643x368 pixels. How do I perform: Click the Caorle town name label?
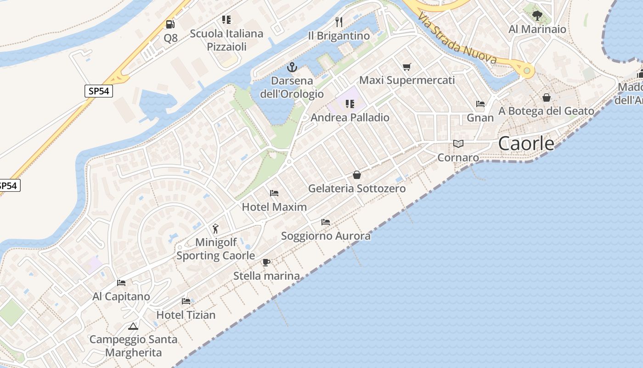point(526,144)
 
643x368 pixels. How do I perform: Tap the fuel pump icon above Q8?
point(170,24)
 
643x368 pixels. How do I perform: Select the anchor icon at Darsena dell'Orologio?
point(292,68)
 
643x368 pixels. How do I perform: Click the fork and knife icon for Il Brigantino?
point(339,22)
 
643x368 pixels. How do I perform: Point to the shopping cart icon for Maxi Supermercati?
point(406,67)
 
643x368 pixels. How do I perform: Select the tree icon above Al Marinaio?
point(537,16)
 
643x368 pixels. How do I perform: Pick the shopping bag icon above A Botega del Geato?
point(547,98)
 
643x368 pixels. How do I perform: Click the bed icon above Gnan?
point(480,104)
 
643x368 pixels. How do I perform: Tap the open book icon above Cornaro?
point(458,144)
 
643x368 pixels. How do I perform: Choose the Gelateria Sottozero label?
point(357,189)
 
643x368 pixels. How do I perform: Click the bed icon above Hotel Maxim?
point(274,193)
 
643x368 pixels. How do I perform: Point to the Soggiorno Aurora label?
point(326,236)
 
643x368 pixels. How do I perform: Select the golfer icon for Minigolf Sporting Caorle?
point(215,228)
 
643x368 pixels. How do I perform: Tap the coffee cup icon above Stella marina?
point(266,262)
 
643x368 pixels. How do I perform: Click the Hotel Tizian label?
point(186,315)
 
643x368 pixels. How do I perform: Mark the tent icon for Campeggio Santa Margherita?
point(133,326)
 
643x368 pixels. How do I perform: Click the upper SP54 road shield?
point(99,91)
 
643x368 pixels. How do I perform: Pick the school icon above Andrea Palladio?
point(350,104)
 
